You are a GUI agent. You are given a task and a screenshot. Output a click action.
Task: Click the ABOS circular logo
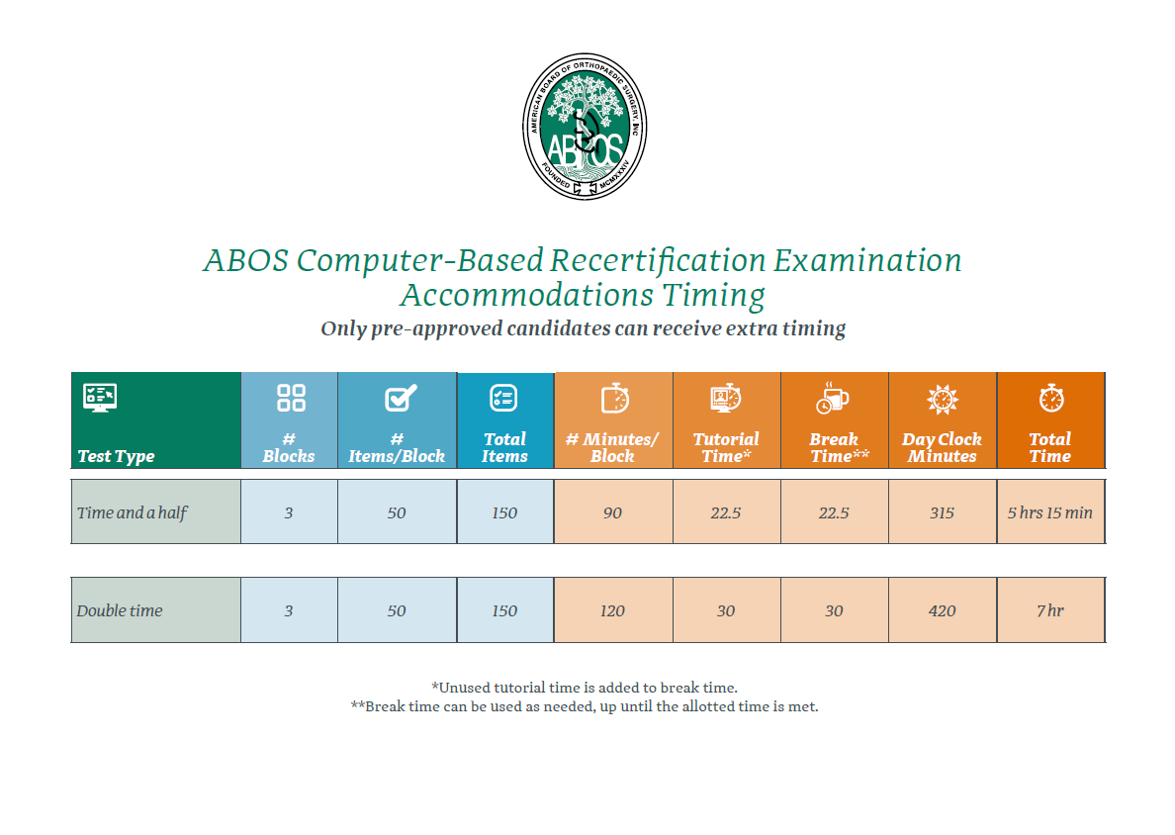pyautogui.click(x=585, y=126)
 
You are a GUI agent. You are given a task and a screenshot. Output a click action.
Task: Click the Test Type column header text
pyautogui.click(x=116, y=456)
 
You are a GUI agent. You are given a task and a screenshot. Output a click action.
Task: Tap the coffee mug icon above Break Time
pyautogui.click(x=833, y=398)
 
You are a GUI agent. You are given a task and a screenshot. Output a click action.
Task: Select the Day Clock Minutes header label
pyautogui.click(x=942, y=447)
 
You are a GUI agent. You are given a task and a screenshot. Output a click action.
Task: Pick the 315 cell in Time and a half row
pyautogui.click(x=942, y=512)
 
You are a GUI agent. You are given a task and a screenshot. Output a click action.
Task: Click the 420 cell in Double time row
pyautogui.click(x=942, y=610)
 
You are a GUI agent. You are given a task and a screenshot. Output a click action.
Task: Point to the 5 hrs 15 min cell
pyautogui.click(x=1049, y=512)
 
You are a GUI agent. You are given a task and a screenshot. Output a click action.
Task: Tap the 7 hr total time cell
pyautogui.click(x=1049, y=610)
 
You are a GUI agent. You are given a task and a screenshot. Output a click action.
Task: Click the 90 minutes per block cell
pyautogui.click(x=612, y=512)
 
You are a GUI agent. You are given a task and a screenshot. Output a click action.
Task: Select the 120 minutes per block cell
pyautogui.click(x=612, y=610)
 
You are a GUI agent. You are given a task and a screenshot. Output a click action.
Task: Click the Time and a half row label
pyautogui.click(x=132, y=512)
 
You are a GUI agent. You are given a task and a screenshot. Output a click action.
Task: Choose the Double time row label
pyautogui.click(x=119, y=610)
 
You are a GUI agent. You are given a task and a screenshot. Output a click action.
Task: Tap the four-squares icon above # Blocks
pyautogui.click(x=291, y=398)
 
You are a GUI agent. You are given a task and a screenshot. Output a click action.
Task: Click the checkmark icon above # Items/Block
pyautogui.click(x=401, y=398)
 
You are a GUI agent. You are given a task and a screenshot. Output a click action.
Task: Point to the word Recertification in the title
pyautogui.click(x=658, y=261)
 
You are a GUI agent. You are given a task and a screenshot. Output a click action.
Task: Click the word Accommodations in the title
pyautogui.click(x=527, y=296)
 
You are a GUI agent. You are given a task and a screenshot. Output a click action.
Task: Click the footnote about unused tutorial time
pyautogui.click(x=585, y=688)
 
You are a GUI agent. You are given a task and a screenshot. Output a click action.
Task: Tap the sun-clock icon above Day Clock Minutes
pyautogui.click(x=942, y=398)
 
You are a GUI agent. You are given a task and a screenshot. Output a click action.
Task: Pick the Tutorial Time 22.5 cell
pyautogui.click(x=725, y=512)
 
